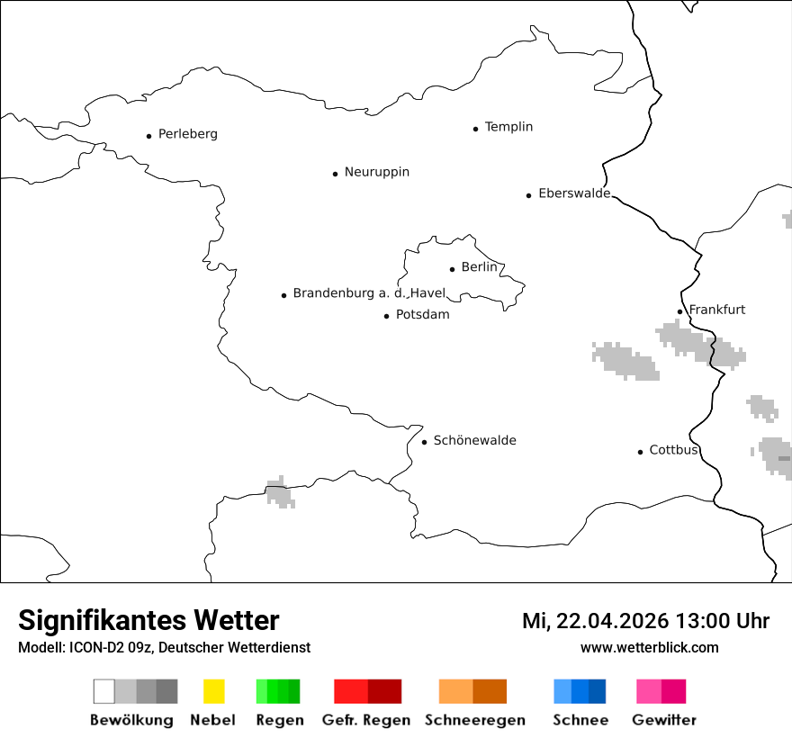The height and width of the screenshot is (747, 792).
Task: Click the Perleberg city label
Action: pyautogui.click(x=187, y=134)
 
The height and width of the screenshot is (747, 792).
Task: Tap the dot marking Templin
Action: pyautogui.click(x=475, y=129)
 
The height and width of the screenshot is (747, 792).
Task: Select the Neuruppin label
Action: pyautogui.click(x=376, y=172)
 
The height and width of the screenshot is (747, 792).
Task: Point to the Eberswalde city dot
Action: pyautogui.click(x=528, y=195)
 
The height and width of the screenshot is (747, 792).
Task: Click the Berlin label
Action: pyautogui.click(x=479, y=267)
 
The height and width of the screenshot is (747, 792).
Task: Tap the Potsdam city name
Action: pyautogui.click(x=422, y=315)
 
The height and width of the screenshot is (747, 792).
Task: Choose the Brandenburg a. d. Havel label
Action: pyautogui.click(x=369, y=293)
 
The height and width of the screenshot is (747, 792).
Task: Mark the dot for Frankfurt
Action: pyautogui.click(x=679, y=312)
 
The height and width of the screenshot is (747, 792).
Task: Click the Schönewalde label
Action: pyautogui.click(x=474, y=440)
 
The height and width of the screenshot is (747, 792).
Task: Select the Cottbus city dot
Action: pyautogui.click(x=640, y=452)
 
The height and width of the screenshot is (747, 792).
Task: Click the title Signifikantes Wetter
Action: pyautogui.click(x=148, y=621)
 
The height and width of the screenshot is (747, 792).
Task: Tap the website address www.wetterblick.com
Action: pyautogui.click(x=649, y=648)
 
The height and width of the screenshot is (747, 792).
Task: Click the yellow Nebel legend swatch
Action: pyautogui.click(x=213, y=691)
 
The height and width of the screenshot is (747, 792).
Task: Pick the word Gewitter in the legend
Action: pyautogui.click(x=663, y=720)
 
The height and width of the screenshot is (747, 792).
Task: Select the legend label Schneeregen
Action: pyautogui.click(x=474, y=720)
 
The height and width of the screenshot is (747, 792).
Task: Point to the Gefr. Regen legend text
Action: pyautogui.click(x=365, y=720)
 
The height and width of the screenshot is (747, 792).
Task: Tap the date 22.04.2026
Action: pyautogui.click(x=612, y=621)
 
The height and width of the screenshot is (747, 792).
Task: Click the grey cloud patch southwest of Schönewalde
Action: pyautogui.click(x=279, y=493)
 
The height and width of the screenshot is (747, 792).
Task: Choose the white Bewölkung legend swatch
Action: pyautogui.click(x=104, y=691)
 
